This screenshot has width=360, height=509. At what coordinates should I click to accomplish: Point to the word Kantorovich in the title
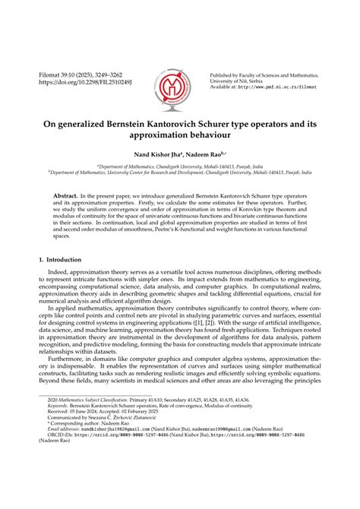[182, 120]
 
